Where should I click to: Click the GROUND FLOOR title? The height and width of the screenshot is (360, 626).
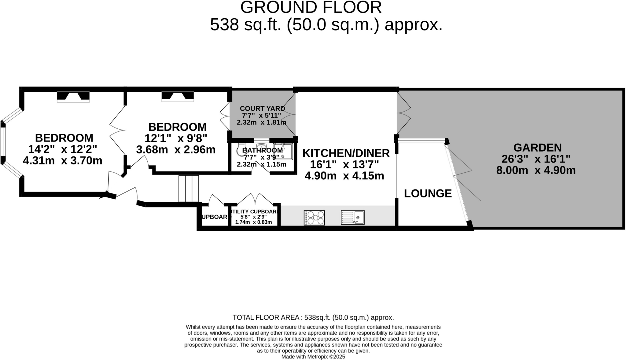click(x=311, y=7)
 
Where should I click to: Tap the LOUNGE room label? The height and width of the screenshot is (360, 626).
click(x=428, y=193)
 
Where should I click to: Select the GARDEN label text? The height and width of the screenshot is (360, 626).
click(x=537, y=148)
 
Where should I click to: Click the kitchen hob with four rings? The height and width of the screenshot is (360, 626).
click(x=314, y=218)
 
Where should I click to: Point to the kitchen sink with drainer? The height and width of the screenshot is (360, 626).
click(x=353, y=218)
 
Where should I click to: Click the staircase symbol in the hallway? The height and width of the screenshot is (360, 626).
click(x=189, y=189)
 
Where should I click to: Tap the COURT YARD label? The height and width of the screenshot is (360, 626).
click(x=262, y=108)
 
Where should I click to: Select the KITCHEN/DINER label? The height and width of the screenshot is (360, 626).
click(x=346, y=153)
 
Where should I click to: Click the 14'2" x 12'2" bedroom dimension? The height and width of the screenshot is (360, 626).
click(x=63, y=149)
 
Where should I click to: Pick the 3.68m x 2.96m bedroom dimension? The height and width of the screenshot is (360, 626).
click(x=176, y=150)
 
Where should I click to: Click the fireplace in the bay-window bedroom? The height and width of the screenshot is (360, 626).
click(x=73, y=96)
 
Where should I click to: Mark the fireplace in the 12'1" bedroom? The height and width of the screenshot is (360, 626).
click(x=178, y=96)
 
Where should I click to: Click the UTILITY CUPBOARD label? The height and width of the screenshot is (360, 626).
click(x=254, y=211)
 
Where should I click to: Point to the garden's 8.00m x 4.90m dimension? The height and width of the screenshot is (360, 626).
click(x=536, y=170)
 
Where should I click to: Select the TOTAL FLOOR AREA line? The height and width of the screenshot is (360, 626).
click(x=313, y=317)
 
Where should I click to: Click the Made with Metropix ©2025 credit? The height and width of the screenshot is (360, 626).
click(x=313, y=357)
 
